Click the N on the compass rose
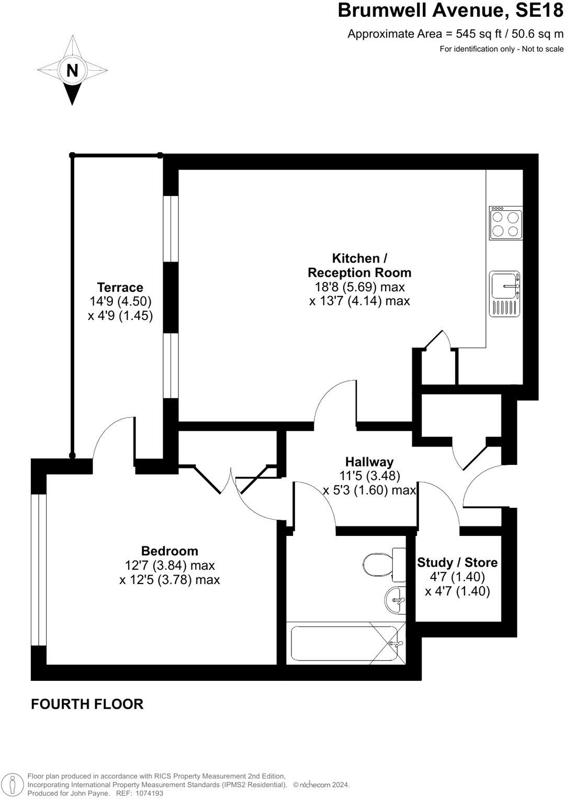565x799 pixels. [x=72, y=70]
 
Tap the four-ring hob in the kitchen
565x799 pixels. [x=506, y=223]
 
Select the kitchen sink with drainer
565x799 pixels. [x=505, y=294]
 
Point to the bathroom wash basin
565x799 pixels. [x=395, y=600]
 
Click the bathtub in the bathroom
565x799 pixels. [x=345, y=644]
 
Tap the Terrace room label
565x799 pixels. [x=120, y=287]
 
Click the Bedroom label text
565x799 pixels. [x=169, y=551]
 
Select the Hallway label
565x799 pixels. [x=369, y=462]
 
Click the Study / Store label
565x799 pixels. [x=457, y=563]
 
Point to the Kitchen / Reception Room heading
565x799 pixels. [x=359, y=265]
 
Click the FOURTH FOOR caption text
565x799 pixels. [x=87, y=704]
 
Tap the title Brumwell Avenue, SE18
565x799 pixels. [x=450, y=10]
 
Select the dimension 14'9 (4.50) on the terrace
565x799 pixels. [x=120, y=301]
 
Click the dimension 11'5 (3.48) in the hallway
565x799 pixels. [x=369, y=476]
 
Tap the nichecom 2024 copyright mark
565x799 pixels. [x=321, y=785]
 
